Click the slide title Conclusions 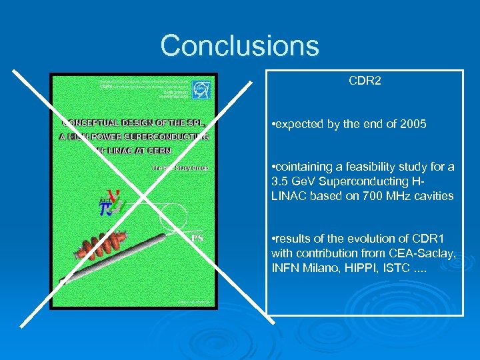tap(240, 46)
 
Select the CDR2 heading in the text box tap(365, 81)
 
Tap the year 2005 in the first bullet tap(413, 124)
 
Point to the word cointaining tap(302, 167)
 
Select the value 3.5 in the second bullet tap(279, 181)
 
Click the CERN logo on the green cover tap(201, 89)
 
